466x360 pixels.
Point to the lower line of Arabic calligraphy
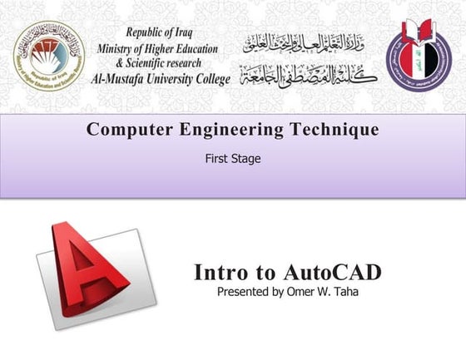[308, 75]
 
